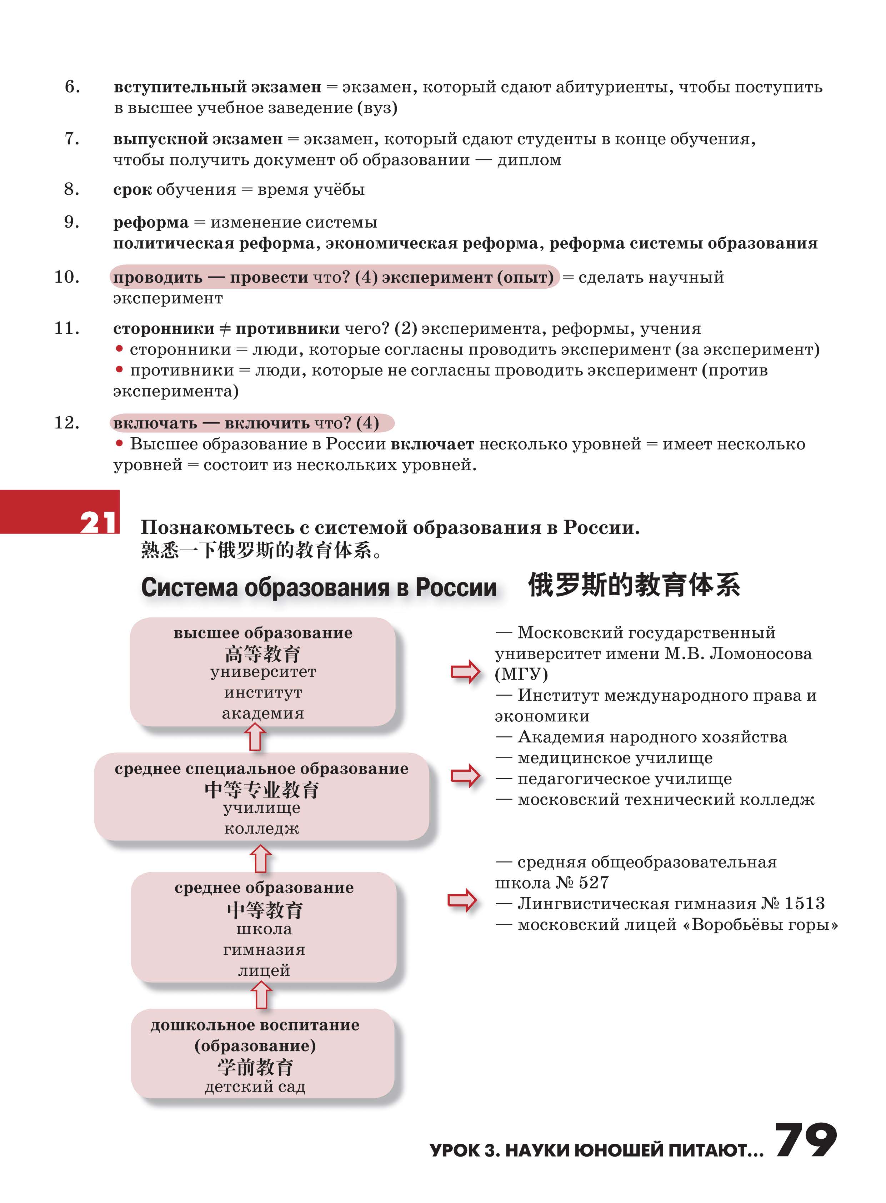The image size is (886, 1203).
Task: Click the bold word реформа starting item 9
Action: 151,222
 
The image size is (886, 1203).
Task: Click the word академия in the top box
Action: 263,713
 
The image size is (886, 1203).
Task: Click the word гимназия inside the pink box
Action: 264,949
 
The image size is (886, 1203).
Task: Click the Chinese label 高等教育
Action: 263,653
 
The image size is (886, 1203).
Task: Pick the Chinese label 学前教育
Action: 255,1067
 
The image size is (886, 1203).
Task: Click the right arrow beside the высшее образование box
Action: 465,671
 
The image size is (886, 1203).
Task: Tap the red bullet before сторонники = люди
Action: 119,349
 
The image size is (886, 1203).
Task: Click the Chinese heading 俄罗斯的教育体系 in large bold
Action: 634,585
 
